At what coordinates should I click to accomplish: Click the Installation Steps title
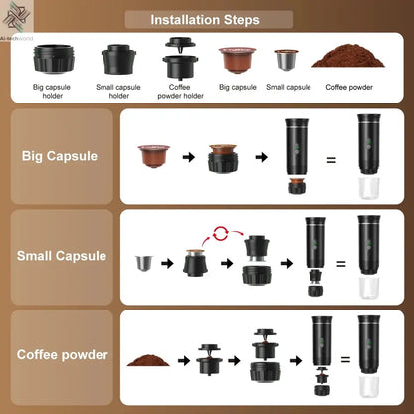coord(206,19)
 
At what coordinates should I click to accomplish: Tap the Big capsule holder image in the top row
coord(52,58)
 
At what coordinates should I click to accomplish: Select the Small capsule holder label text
coord(118,91)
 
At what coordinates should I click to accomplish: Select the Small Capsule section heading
coord(61,256)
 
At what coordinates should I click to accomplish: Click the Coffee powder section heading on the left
coord(60,354)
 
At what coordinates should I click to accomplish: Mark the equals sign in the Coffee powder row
coord(345,359)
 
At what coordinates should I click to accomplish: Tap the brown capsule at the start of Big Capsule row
coord(153,156)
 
